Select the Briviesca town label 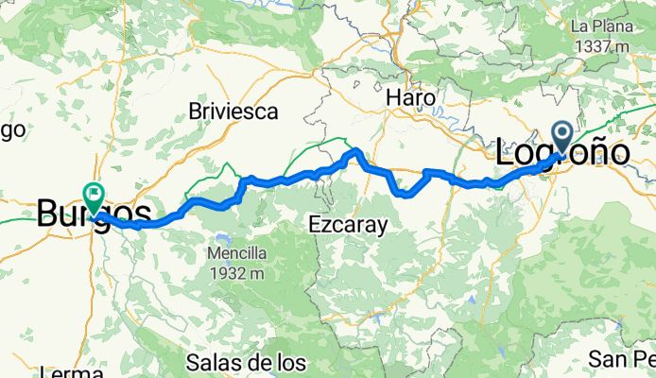click(x=233, y=111)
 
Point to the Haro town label click(x=411, y=97)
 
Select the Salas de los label click(x=246, y=362)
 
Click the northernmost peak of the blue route click(x=356, y=151)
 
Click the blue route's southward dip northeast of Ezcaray click(x=405, y=194)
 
